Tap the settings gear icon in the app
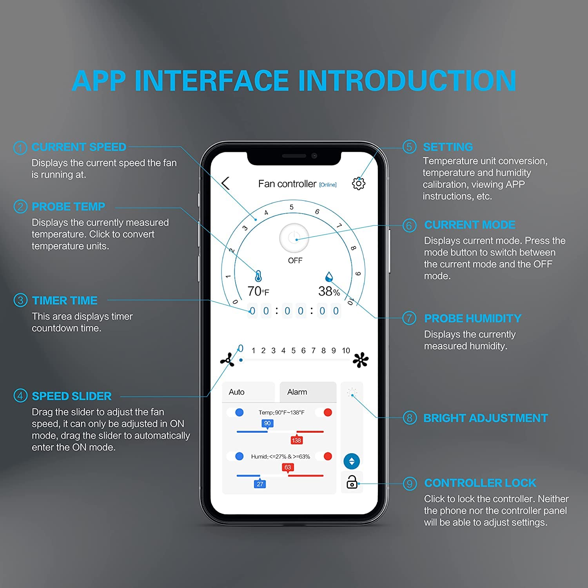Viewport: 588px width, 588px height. pyautogui.click(x=358, y=183)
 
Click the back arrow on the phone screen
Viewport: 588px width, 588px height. pyautogui.click(x=225, y=183)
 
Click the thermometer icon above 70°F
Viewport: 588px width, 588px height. pyautogui.click(x=258, y=276)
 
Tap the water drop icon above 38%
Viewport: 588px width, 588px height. pyautogui.click(x=329, y=277)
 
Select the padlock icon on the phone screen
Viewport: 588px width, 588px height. pyautogui.click(x=352, y=482)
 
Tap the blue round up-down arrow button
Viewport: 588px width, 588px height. pyautogui.click(x=352, y=461)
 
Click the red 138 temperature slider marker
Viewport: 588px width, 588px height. pyautogui.click(x=296, y=440)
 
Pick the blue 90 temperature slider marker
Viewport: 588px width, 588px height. pyautogui.click(x=267, y=423)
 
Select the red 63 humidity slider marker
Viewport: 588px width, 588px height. pyautogui.click(x=288, y=467)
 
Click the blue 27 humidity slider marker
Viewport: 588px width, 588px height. pyautogui.click(x=260, y=484)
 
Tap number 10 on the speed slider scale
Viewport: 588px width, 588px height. pyautogui.click(x=346, y=350)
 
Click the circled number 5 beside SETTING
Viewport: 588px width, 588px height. pyautogui.click(x=409, y=147)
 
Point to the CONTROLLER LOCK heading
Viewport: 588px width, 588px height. pyautogui.click(x=480, y=483)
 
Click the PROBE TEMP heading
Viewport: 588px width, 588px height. pyautogui.click(x=69, y=207)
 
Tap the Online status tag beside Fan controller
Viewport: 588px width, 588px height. pyautogui.click(x=328, y=185)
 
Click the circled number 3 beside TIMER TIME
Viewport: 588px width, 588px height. pyautogui.click(x=20, y=300)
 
